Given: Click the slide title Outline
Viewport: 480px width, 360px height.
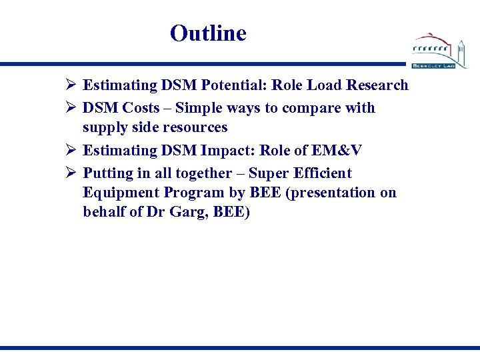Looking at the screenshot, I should [208, 33].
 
